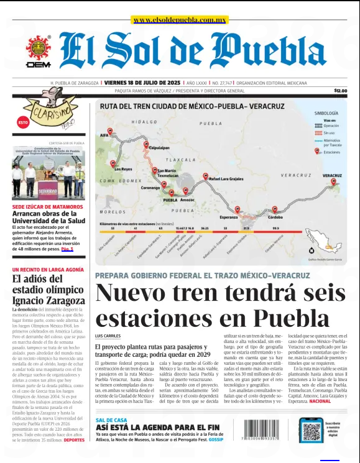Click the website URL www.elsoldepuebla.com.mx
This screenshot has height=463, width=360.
click(179, 20)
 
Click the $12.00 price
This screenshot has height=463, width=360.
click(340, 91)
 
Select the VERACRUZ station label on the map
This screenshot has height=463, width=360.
click(332, 176)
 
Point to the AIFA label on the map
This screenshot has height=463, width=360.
click(104, 135)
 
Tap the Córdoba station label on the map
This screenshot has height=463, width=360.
click(275, 218)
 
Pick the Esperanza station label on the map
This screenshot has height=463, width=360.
click(229, 218)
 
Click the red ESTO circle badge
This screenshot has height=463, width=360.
click(23, 122)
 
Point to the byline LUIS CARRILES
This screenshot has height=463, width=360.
click(108, 336)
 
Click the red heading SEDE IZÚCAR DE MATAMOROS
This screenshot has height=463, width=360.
click(47, 206)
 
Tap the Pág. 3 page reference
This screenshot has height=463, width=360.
click(67, 249)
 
